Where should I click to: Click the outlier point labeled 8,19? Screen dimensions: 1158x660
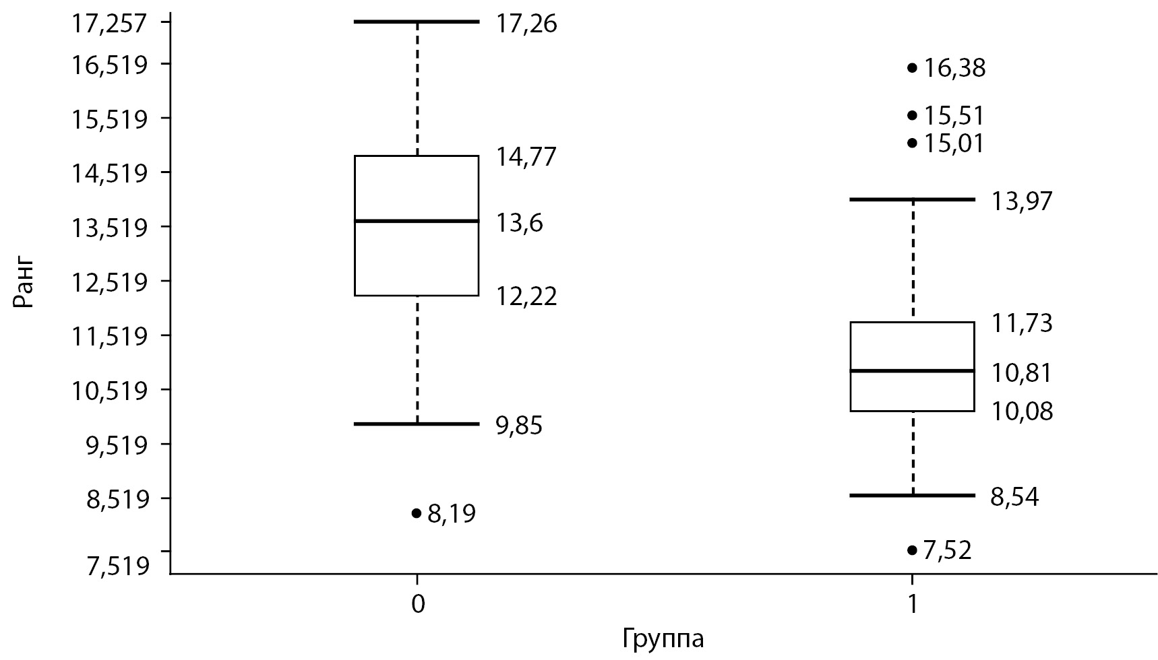pyautogui.click(x=416, y=513)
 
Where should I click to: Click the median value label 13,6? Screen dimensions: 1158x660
pyautogui.click(x=520, y=223)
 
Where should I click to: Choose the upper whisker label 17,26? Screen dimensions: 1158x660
pyautogui.click(x=527, y=26)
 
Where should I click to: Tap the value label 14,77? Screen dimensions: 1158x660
pyautogui.click(x=527, y=158)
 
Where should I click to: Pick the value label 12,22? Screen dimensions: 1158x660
pyautogui.click(x=527, y=296)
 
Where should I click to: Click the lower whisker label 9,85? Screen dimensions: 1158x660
pyautogui.click(x=519, y=426)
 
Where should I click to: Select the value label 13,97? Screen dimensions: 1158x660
pyautogui.click(x=1021, y=201)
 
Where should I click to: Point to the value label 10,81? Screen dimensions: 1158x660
pyautogui.click(x=1021, y=373)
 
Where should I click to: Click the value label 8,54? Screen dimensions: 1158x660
pyautogui.click(x=1014, y=498)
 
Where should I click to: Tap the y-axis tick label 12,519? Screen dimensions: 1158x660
pyautogui.click(x=110, y=282)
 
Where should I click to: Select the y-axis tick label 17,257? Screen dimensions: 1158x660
pyautogui.click(x=110, y=24)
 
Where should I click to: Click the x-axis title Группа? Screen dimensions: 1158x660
pyautogui.click(x=664, y=638)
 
